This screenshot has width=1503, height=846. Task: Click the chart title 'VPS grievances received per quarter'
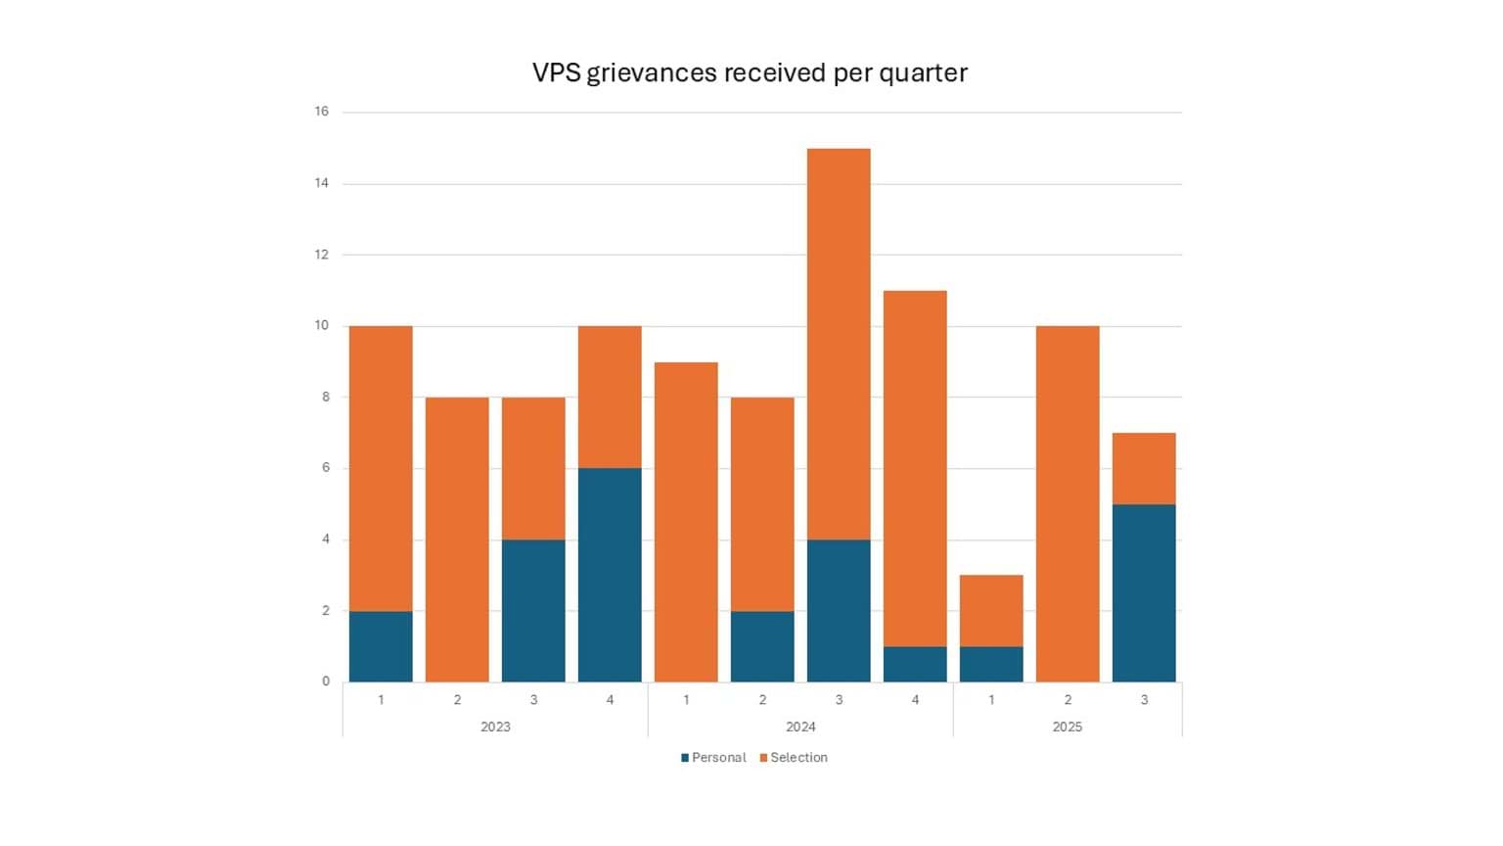coord(750,73)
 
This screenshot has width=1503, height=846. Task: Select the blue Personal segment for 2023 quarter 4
coord(610,575)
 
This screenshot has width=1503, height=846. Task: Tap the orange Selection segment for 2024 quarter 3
coord(839,344)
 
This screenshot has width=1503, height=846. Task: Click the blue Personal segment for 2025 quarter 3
coord(1144,592)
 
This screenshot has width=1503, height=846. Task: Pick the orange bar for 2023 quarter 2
coord(457,540)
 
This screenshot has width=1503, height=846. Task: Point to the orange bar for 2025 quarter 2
coord(1068,503)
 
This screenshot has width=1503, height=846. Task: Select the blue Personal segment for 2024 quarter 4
coord(915,664)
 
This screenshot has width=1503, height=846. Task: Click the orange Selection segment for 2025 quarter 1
coord(991,611)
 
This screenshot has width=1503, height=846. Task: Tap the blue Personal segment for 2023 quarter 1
coord(381,646)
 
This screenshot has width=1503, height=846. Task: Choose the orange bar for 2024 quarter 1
coord(686,522)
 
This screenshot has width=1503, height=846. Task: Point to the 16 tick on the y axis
coord(322,112)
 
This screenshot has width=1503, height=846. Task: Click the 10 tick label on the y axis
coord(322,325)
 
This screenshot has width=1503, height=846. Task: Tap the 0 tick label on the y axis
coord(326,681)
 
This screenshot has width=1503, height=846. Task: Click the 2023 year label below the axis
coord(495,727)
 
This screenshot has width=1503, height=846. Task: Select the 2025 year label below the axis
coord(1068,727)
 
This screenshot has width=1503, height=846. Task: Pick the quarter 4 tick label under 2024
coord(915,700)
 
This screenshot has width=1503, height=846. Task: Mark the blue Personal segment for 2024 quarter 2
coord(762,646)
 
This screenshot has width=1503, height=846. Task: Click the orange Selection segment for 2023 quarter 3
coord(533,468)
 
